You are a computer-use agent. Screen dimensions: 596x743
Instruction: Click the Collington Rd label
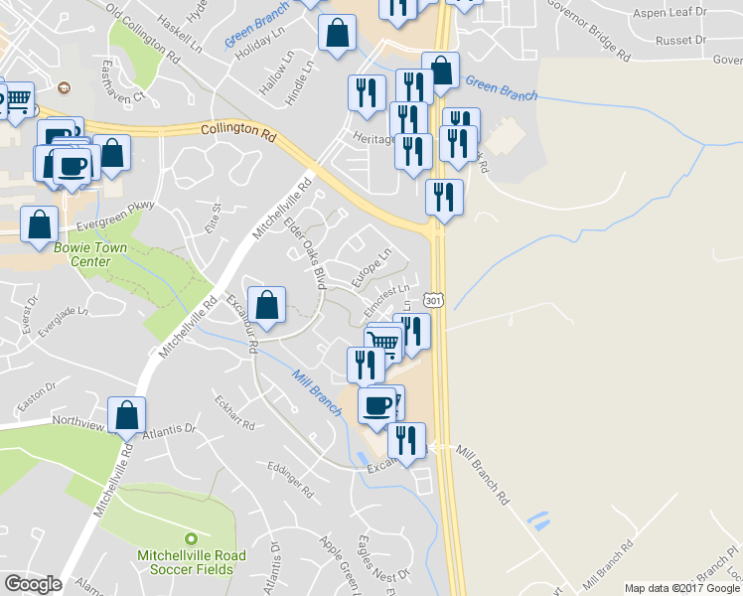click(x=237, y=130)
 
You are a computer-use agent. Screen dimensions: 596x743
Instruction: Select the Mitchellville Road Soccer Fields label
click(x=186, y=562)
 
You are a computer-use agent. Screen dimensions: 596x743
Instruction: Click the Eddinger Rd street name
click(x=289, y=478)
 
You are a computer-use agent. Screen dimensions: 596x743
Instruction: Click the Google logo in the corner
click(x=33, y=584)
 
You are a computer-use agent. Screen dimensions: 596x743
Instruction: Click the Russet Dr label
click(x=680, y=41)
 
